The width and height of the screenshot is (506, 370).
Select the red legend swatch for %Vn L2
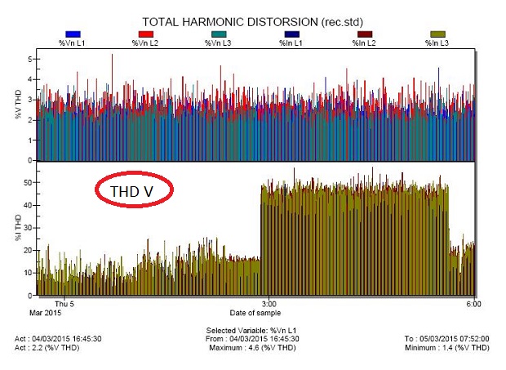[x=146, y=33]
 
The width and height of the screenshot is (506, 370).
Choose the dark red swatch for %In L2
[x=363, y=33]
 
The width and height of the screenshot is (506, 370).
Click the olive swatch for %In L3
[x=438, y=33]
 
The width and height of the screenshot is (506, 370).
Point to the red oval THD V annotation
[x=136, y=190]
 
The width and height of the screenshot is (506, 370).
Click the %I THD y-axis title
[x=17, y=230]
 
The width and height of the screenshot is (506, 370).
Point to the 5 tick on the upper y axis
[x=30, y=60]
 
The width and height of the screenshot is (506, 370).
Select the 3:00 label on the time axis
[x=269, y=304]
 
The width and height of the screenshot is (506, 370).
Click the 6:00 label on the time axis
[x=473, y=304]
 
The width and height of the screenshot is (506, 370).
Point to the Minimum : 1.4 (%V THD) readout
[x=446, y=347]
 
